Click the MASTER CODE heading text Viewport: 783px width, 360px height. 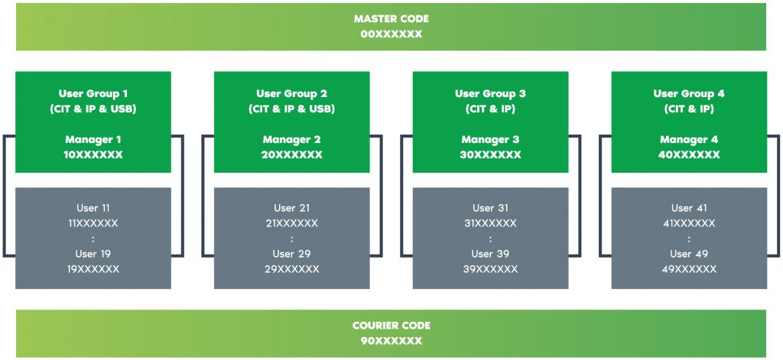pyautogui.click(x=391, y=18)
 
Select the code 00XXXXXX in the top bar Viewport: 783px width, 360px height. pyautogui.click(x=391, y=34)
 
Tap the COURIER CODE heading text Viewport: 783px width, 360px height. pyautogui.click(x=391, y=326)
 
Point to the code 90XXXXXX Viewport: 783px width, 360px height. pyautogui.click(x=391, y=341)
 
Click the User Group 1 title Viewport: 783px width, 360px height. pyautogui.click(x=93, y=94)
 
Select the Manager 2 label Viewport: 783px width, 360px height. pyautogui.click(x=291, y=140)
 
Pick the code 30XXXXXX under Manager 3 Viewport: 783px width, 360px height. pyautogui.click(x=490, y=154)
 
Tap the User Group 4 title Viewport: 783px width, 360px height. pyautogui.click(x=689, y=94)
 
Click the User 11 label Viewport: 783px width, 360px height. pyautogui.click(x=93, y=208)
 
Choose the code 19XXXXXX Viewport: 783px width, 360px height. pyautogui.click(x=93, y=269)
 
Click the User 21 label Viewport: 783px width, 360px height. pyautogui.click(x=291, y=208)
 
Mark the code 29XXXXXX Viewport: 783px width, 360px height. pyautogui.click(x=291, y=269)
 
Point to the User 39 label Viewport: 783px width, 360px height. pyautogui.click(x=490, y=254)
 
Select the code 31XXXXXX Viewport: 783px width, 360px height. pyautogui.click(x=490, y=223)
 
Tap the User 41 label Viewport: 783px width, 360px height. pyautogui.click(x=689, y=208)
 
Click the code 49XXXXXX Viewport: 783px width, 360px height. pyautogui.click(x=689, y=269)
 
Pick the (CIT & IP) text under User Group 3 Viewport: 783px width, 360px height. pyautogui.click(x=490, y=109)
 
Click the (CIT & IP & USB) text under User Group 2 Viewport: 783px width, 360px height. pyautogui.click(x=291, y=109)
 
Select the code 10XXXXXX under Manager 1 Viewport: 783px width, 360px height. pyautogui.click(x=93, y=154)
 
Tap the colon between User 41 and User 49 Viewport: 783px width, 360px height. pyautogui.click(x=689, y=238)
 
